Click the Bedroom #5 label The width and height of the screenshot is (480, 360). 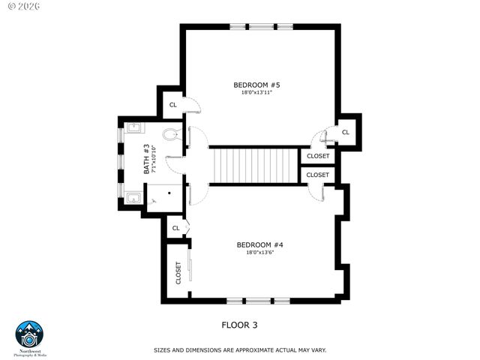[256, 85]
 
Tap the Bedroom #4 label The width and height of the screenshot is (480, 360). [259, 244]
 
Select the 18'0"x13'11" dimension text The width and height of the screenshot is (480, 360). [256, 93]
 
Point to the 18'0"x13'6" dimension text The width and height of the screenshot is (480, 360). [259, 253]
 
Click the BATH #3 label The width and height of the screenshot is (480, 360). [146, 159]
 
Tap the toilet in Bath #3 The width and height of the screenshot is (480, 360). [171, 136]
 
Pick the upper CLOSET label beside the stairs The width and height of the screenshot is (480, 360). [317, 157]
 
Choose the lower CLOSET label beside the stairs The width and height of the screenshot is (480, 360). [317, 175]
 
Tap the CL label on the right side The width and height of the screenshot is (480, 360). [345, 132]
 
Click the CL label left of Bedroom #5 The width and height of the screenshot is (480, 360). [172, 105]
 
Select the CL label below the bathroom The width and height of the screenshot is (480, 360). [175, 228]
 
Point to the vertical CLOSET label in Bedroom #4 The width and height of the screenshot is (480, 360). [178, 272]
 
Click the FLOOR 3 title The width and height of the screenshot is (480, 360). [239, 325]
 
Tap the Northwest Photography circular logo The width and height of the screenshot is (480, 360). [30, 334]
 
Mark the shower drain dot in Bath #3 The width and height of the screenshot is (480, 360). [169, 192]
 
